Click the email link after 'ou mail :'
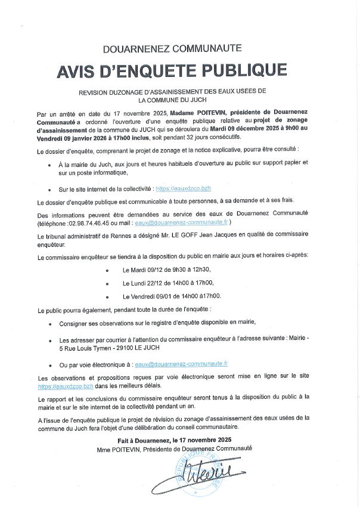[181, 222]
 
